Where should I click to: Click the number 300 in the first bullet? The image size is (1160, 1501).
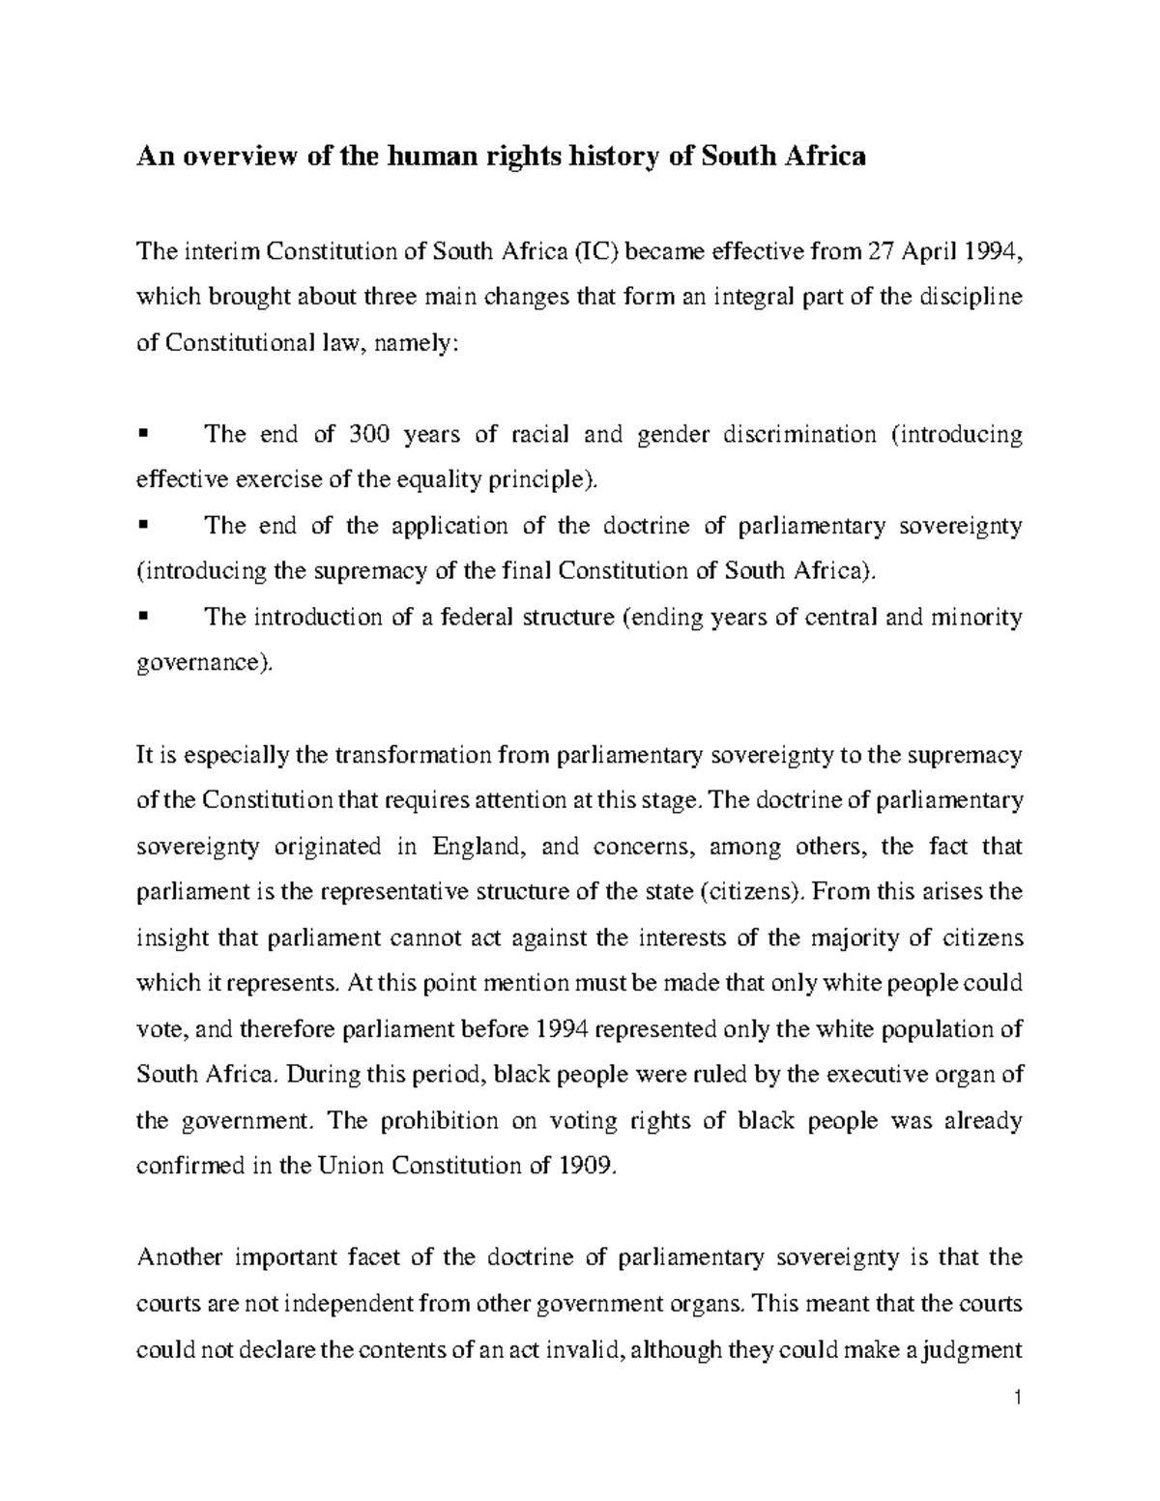pyautogui.click(x=369, y=435)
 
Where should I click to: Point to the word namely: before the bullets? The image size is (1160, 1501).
pyautogui.click(x=410, y=344)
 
